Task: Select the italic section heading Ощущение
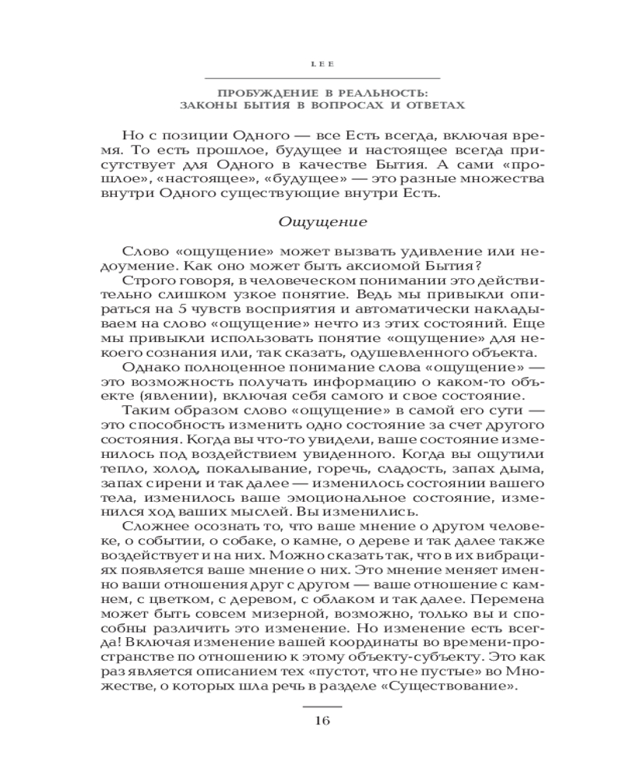click(x=322, y=220)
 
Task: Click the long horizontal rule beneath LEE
click(x=322, y=78)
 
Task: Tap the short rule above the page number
click(x=322, y=704)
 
